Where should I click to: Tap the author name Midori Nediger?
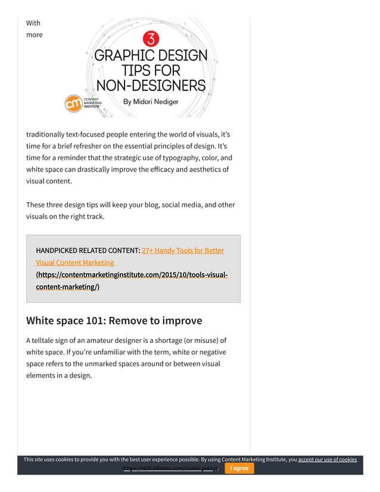(151, 102)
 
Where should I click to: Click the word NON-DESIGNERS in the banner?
(151, 85)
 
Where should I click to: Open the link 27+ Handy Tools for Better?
(183, 250)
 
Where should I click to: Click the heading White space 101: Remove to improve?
(114, 320)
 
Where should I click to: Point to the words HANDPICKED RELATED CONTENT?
(88, 250)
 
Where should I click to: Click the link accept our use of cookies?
(327, 459)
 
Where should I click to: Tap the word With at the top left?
(33, 23)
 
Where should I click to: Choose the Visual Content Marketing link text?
(75, 262)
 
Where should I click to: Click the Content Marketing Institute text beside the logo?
(92, 102)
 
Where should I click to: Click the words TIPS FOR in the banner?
(151, 70)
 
